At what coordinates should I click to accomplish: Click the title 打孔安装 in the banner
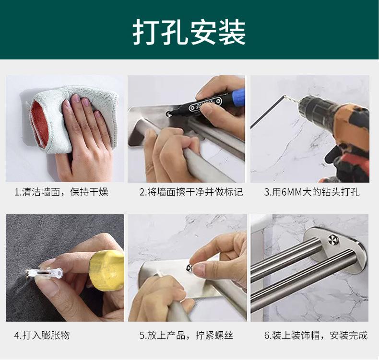(x=189, y=32)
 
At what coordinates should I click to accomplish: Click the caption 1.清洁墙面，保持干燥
(x=61, y=193)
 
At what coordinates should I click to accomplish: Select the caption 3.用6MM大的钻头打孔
(x=311, y=193)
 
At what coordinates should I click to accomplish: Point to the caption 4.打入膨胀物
(x=42, y=335)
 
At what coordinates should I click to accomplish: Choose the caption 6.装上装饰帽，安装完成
(x=315, y=335)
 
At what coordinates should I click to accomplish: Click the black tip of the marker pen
(x=169, y=113)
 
